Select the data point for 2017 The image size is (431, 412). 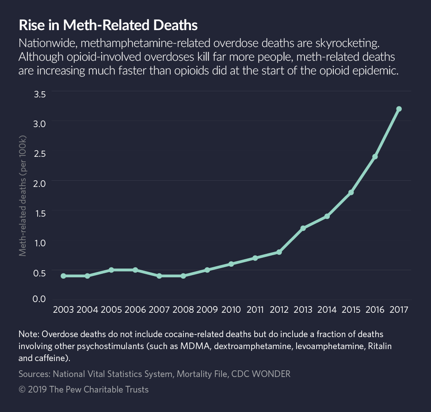click(x=399, y=109)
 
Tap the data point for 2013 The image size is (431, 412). click(x=303, y=228)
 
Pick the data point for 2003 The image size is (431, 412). click(x=63, y=276)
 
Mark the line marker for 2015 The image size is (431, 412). click(x=351, y=192)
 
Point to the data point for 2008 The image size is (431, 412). click(x=183, y=276)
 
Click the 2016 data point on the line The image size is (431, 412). click(x=375, y=156)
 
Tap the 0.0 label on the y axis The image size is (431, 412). click(x=40, y=299)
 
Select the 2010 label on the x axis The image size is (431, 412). click(x=231, y=309)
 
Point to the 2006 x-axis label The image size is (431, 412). click(x=135, y=309)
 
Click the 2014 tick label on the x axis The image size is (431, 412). click(x=327, y=309)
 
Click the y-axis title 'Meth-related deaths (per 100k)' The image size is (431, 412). click(x=23, y=196)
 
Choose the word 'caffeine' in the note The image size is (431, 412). click(x=52, y=357)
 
